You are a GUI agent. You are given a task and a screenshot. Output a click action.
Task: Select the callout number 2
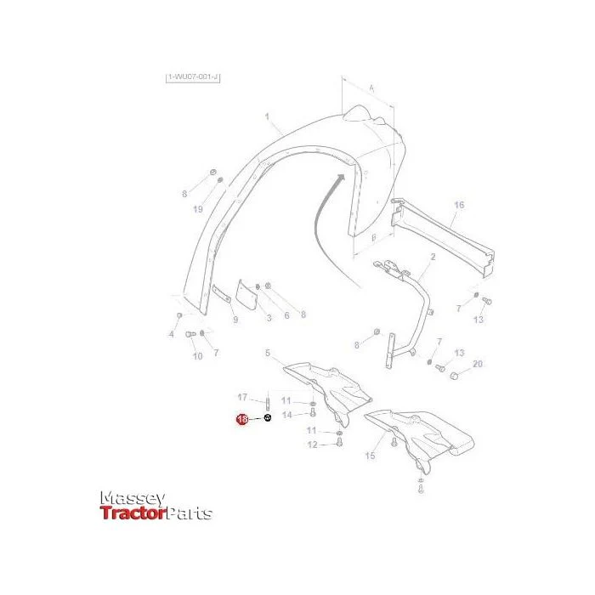click(433, 256)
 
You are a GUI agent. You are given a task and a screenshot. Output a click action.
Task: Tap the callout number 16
click(459, 206)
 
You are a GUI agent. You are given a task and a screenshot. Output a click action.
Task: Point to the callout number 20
click(478, 364)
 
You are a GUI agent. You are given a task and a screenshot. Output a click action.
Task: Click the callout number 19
click(197, 209)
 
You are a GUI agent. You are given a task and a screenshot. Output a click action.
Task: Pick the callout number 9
click(235, 319)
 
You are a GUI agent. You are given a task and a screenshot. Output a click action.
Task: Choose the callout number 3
click(269, 318)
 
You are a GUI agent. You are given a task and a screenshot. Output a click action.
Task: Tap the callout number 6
click(287, 315)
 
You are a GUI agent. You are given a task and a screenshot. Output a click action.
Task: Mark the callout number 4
click(171, 335)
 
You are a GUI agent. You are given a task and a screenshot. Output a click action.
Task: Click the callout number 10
click(197, 356)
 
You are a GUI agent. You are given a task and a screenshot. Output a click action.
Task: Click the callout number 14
click(287, 415)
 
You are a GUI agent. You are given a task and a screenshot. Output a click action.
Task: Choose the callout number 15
click(370, 456)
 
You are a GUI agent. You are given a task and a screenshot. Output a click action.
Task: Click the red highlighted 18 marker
click(242, 420)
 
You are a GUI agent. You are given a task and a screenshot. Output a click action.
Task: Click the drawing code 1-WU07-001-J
click(193, 78)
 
